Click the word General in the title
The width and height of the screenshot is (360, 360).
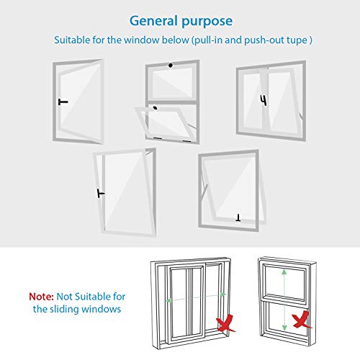click(153, 21)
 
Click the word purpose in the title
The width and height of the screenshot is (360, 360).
click(207, 22)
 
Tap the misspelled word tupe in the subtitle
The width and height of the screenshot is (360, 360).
click(297, 40)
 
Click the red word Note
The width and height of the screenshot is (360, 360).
click(41, 297)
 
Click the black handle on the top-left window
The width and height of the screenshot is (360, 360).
click(63, 102)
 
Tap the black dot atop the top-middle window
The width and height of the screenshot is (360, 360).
click(171, 66)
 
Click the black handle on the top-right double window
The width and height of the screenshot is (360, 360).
click(264, 100)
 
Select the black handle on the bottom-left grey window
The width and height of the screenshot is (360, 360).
click(101, 193)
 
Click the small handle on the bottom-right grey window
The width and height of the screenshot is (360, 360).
click(238, 218)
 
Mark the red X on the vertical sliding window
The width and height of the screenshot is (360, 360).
click(302, 320)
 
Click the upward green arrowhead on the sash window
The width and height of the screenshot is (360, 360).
click(284, 271)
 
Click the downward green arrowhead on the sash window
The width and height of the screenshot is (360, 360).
click(284, 328)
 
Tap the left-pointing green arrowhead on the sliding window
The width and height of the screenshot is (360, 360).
click(169, 300)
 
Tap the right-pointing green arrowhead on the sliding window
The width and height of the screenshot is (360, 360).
click(223, 294)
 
